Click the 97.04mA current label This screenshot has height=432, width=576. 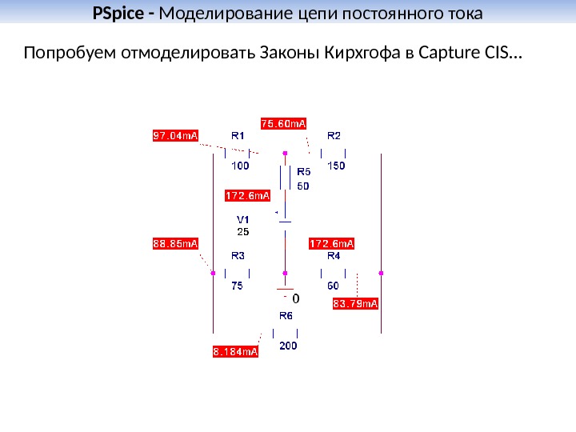tap(175, 135)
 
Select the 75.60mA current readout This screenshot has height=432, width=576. tap(285, 123)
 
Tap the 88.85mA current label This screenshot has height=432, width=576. tap(175, 243)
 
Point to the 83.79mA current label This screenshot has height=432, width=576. tap(355, 304)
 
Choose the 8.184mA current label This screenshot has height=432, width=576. tap(236, 351)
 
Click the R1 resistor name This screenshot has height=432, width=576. tap(238, 135)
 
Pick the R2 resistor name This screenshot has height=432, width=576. tap(334, 135)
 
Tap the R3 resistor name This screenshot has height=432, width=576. tap(238, 256)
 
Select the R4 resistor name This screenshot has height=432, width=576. tap(334, 256)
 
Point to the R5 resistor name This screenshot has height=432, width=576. tap(304, 171)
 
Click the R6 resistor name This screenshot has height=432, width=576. tap(286, 316)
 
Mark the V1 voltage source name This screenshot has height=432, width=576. tap(242, 219)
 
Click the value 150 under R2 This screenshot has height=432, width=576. tap(336, 166)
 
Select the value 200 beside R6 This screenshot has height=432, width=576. tap(288, 346)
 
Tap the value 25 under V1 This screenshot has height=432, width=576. tap(242, 231)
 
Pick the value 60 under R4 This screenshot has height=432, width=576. tap(333, 285)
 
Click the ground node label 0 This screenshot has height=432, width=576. tap(296, 298)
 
